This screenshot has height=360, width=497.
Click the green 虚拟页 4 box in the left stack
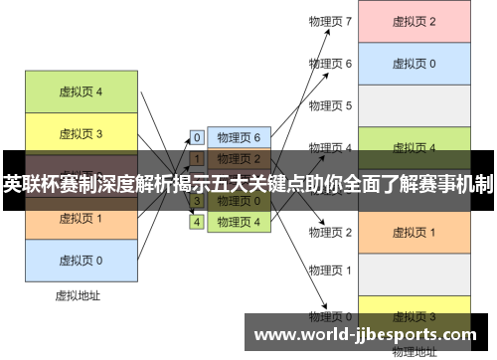81,92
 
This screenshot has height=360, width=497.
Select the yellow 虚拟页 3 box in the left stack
81,133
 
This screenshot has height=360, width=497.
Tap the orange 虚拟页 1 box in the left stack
81,219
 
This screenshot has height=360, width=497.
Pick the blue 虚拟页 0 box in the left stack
81,261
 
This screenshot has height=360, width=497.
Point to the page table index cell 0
197,137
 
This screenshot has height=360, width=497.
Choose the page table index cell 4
197,222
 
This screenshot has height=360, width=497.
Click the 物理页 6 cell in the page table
239,137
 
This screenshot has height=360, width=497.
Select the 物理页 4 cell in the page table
239,222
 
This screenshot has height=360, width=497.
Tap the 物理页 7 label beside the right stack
330,21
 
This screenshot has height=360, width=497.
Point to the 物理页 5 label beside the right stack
330,104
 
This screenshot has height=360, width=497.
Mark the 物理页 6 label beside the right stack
330,63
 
